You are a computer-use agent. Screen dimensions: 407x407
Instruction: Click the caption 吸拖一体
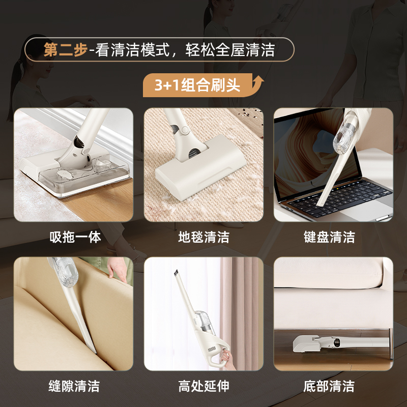pyautogui.click(x=75, y=237)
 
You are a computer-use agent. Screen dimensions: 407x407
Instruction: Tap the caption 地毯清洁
pyautogui.click(x=203, y=237)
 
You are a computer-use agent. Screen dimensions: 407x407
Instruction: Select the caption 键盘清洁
pyautogui.click(x=329, y=237)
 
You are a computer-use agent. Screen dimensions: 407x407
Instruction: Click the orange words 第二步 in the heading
pyautogui.click(x=65, y=50)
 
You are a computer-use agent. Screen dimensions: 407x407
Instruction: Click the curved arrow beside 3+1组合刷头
pyautogui.click(x=258, y=81)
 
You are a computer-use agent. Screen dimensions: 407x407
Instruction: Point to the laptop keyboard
pyautogui.click(x=346, y=196)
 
